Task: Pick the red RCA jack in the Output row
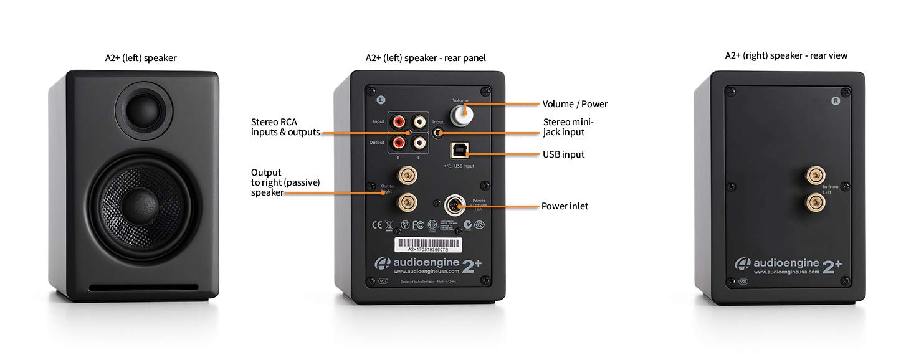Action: coord(398,144)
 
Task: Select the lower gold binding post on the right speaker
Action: coord(814,201)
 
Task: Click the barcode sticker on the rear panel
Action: coord(422,244)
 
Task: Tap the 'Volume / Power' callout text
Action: coord(575,104)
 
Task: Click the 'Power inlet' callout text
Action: coord(565,206)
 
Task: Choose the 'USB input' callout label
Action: coord(563,154)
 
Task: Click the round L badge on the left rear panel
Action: coord(381,98)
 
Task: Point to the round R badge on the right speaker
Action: coord(836,100)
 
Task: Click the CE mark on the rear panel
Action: coord(377,224)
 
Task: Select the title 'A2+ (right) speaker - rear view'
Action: coord(786,55)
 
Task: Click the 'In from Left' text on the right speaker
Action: coord(831,189)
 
